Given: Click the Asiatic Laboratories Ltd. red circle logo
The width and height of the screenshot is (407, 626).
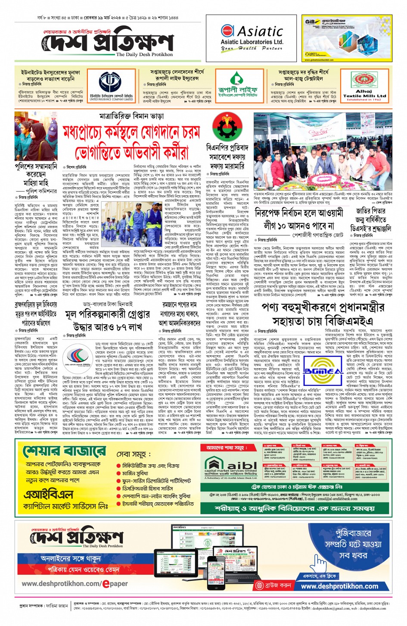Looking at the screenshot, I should [227, 31].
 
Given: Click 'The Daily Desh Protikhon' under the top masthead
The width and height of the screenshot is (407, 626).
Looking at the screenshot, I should [144, 55].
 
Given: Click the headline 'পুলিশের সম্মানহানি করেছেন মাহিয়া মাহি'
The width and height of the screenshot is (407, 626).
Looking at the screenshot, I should [36, 175].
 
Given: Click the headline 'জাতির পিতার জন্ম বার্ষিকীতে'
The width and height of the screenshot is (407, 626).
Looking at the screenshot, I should [370, 215].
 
